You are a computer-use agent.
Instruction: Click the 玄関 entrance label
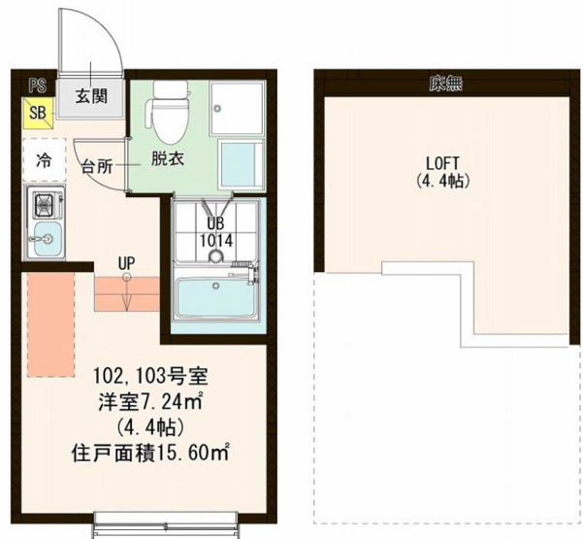point(93,96)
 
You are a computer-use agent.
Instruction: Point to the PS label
point(36,85)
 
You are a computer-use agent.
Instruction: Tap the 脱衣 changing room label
point(166,156)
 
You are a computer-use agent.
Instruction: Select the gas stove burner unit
point(45,205)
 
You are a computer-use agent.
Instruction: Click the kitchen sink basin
point(44,239)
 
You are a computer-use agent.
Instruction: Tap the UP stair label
point(126,262)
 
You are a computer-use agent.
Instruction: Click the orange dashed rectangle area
point(49,323)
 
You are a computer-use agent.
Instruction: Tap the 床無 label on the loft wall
point(445,84)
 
